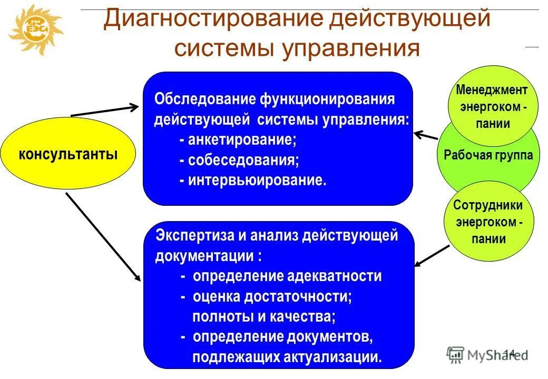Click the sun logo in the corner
pyautogui.click(x=35, y=28)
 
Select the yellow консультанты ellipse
pyautogui.click(x=68, y=154)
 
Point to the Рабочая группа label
pyautogui.click(x=488, y=155)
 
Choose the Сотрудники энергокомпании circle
pyautogui.click(x=488, y=222)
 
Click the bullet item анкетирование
pyautogui.click(x=238, y=140)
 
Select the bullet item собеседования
pyautogui.click(x=239, y=160)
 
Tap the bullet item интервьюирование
pyautogui.click(x=253, y=180)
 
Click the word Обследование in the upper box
pyautogui.click(x=203, y=99)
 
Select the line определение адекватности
pyautogui.click(x=280, y=276)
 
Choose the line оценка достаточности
pyautogui.click(x=266, y=296)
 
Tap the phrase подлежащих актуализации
pyautogui.click(x=287, y=357)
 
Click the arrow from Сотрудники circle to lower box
pyautogui.click(x=433, y=255)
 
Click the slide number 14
pyautogui.click(x=510, y=353)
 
